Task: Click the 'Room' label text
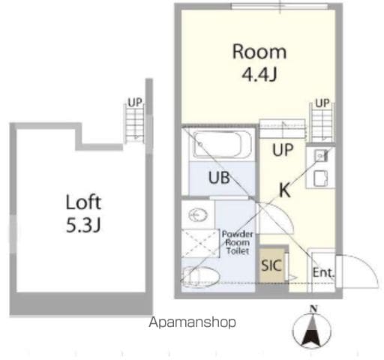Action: click(259, 52)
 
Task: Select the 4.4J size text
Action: click(259, 74)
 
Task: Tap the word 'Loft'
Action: click(83, 202)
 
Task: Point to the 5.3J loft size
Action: click(83, 225)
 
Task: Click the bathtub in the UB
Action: click(222, 145)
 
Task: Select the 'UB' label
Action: click(219, 178)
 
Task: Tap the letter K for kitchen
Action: click(285, 190)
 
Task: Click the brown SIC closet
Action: click(271, 265)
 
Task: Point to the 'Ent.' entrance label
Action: click(323, 272)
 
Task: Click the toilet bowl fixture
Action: click(201, 277)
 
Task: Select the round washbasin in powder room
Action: click(198, 215)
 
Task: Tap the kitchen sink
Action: click(320, 156)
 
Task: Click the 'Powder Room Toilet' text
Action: click(238, 242)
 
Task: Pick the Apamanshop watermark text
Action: click(192, 322)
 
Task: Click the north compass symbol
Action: click(312, 329)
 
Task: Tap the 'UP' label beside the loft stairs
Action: click(135, 102)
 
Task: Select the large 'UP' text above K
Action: click(283, 150)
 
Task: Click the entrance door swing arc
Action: click(370, 265)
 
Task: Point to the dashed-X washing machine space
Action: click(200, 243)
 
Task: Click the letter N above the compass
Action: click(313, 309)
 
